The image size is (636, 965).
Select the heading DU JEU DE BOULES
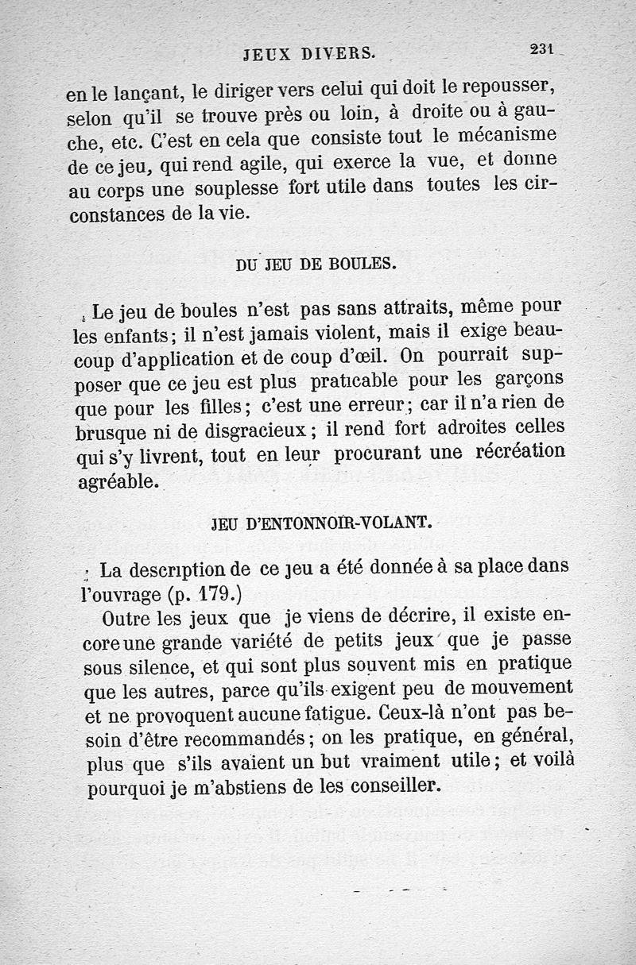[x=315, y=264]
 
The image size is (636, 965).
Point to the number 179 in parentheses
[x=212, y=593]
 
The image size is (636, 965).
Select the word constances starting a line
[x=115, y=214]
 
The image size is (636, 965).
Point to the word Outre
[x=126, y=618]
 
